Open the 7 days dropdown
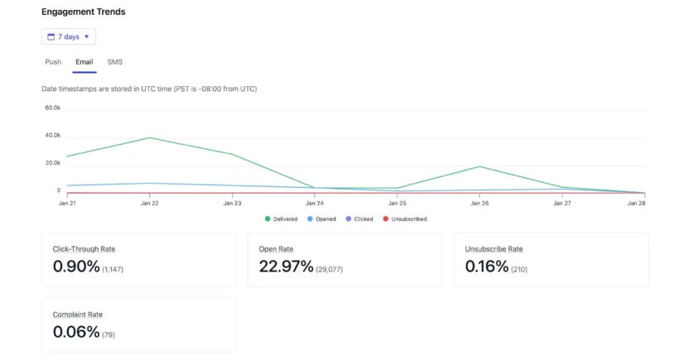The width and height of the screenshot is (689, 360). pos(69,36)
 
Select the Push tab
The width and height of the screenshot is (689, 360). pos(53,62)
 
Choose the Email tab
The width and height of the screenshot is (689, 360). pos(84,62)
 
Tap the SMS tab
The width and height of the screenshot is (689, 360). pos(115,62)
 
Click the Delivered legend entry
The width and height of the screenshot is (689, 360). pos(282,219)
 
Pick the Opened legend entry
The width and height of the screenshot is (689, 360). pos(322,219)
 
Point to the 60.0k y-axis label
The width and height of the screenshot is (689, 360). pos(53,108)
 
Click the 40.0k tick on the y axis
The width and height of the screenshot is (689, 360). pos(53,136)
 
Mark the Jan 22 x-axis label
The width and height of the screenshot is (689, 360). pos(149,203)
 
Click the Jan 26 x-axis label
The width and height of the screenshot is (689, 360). pos(479,203)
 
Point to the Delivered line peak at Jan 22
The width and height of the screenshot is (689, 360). pos(149,137)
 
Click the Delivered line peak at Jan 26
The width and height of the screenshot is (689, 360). pos(479,166)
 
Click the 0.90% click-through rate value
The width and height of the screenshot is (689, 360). pos(76,266)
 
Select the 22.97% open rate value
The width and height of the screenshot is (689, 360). pos(286,266)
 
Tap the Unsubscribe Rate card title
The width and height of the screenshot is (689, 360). pos(494,249)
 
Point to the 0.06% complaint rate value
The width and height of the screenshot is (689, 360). pos(76,332)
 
